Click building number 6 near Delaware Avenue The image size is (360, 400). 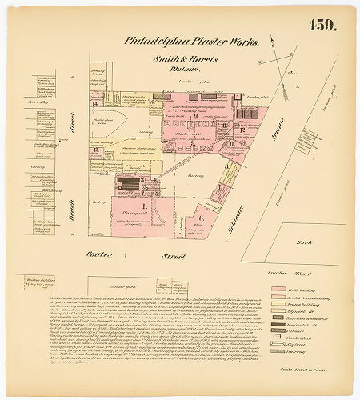201,217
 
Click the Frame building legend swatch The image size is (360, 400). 278,303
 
